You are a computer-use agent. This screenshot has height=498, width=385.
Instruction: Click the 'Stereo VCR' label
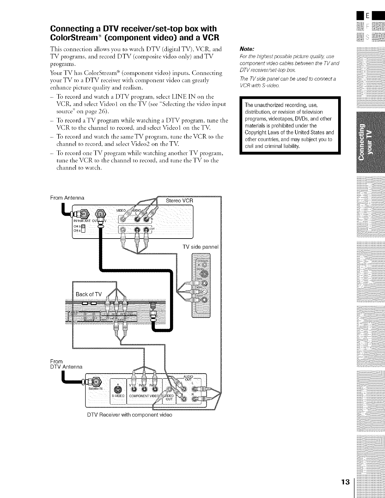pyautogui.click(x=179, y=201)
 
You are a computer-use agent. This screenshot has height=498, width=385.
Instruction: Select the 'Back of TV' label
pyautogui.click(x=89, y=294)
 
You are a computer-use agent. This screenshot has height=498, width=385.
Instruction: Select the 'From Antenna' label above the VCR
pyautogui.click(x=67, y=198)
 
